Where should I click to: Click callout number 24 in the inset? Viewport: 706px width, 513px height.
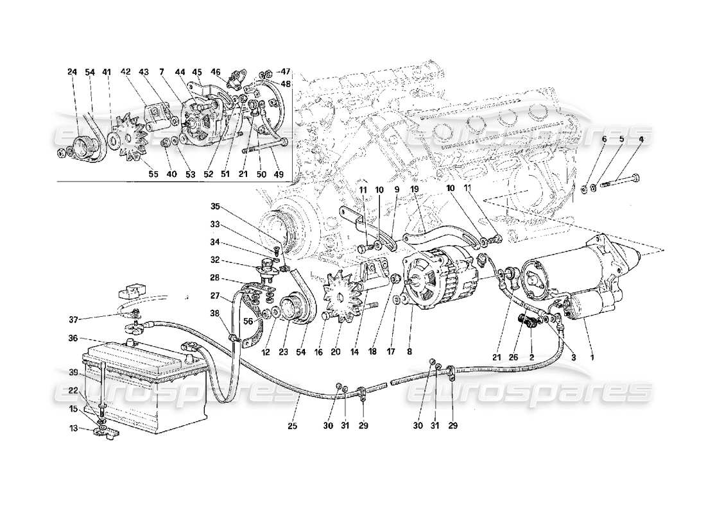coord(71,72)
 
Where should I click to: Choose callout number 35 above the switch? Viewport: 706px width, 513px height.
coord(215,207)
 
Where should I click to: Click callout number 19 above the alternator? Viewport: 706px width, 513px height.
coord(415,190)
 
